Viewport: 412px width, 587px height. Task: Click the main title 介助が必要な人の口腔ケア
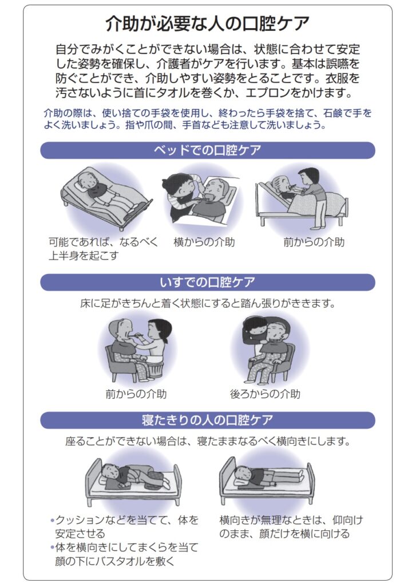point(208,24)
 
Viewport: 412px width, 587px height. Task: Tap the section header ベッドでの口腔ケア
point(207,151)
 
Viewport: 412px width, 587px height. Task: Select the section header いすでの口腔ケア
point(207,283)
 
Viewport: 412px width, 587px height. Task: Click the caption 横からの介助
point(204,242)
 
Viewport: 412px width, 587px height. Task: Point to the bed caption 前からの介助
point(314,242)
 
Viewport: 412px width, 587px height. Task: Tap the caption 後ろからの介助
point(265,394)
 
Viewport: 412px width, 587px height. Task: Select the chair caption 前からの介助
point(136,394)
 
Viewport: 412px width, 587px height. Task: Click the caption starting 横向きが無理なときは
point(291,527)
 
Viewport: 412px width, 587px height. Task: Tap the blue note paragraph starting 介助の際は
point(207,119)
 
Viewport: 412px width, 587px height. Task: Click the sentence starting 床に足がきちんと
point(207,303)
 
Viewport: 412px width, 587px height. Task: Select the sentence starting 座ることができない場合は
point(207,442)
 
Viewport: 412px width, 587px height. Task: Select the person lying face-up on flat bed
point(263,475)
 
